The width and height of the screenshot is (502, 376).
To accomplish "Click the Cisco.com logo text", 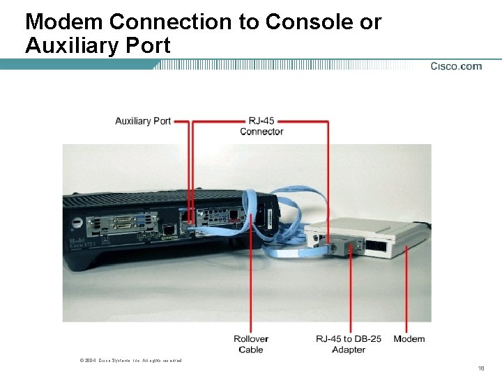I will tap(456, 67).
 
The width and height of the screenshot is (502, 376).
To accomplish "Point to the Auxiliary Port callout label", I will tap(143, 121).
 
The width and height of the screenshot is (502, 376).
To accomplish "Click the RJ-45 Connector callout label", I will tap(261, 126).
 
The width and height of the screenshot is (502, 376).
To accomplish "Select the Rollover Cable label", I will tap(251, 344).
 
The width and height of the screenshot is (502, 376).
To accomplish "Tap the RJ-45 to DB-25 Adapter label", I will tap(349, 344).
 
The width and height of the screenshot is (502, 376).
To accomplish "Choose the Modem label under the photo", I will tap(409, 339).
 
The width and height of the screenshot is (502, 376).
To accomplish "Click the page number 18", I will tap(480, 368).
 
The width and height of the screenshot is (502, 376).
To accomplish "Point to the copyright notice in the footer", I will tap(131, 360).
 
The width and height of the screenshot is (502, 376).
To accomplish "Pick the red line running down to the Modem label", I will tap(408, 292).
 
